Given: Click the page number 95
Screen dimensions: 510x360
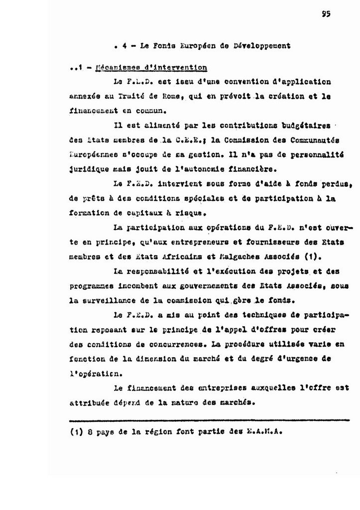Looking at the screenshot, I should click(x=326, y=14).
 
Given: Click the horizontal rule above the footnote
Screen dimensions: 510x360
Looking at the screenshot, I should click(x=209, y=420).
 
